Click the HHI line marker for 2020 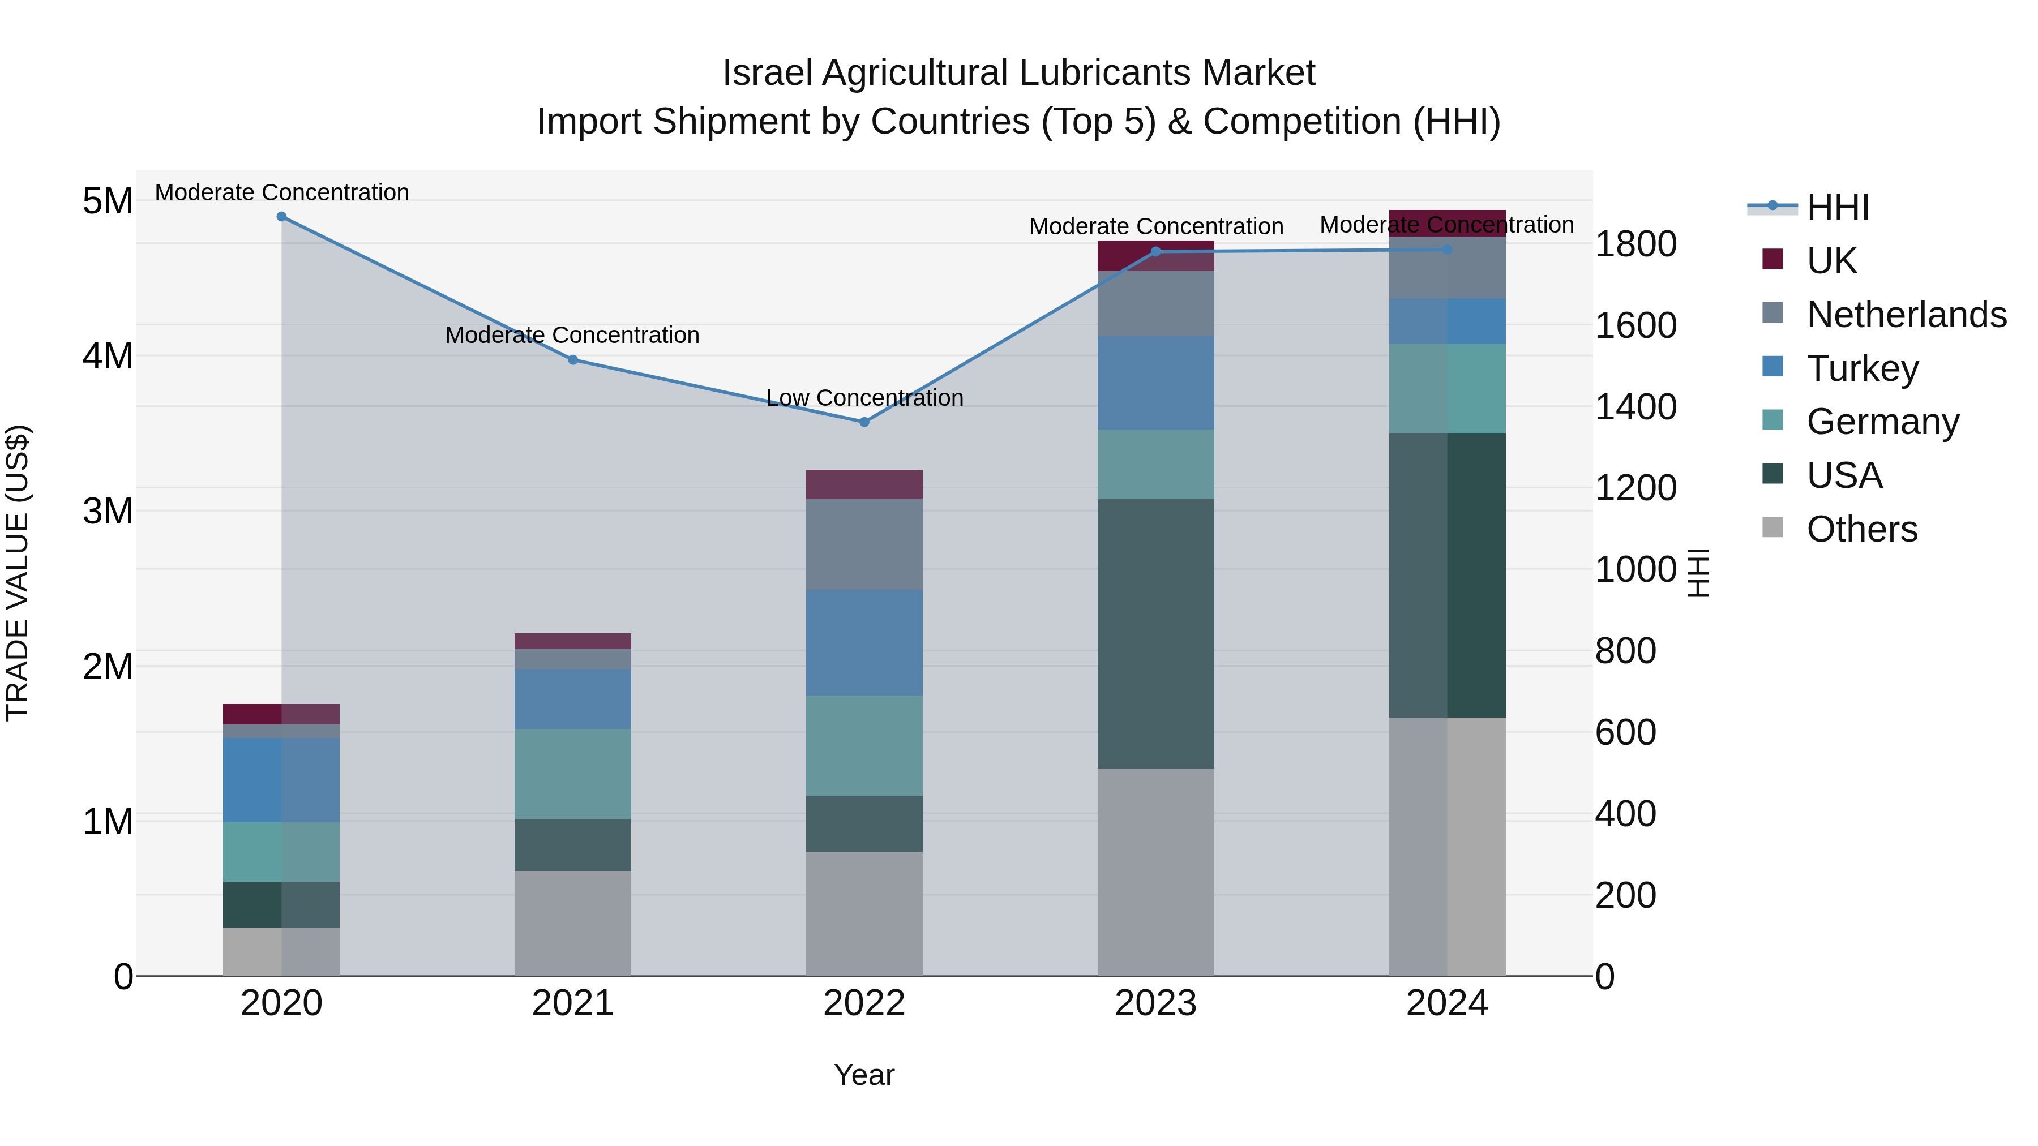pos(282,217)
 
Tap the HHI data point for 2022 pos(864,422)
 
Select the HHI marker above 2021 pos(573,360)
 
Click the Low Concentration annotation pos(864,398)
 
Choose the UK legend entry pos(1831,260)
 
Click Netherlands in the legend pos(1905,314)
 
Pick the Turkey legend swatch pos(1773,367)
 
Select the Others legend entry pos(1861,529)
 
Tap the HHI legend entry pos(1837,207)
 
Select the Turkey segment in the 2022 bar pos(864,642)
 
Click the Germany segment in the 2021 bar pos(573,774)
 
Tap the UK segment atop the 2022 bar pos(864,484)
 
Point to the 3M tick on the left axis pos(108,511)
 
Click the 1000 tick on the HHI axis pos(1634,569)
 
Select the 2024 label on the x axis pos(1446,1003)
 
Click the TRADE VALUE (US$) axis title pos(18,573)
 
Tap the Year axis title pos(864,1075)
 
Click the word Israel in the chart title pos(767,73)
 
